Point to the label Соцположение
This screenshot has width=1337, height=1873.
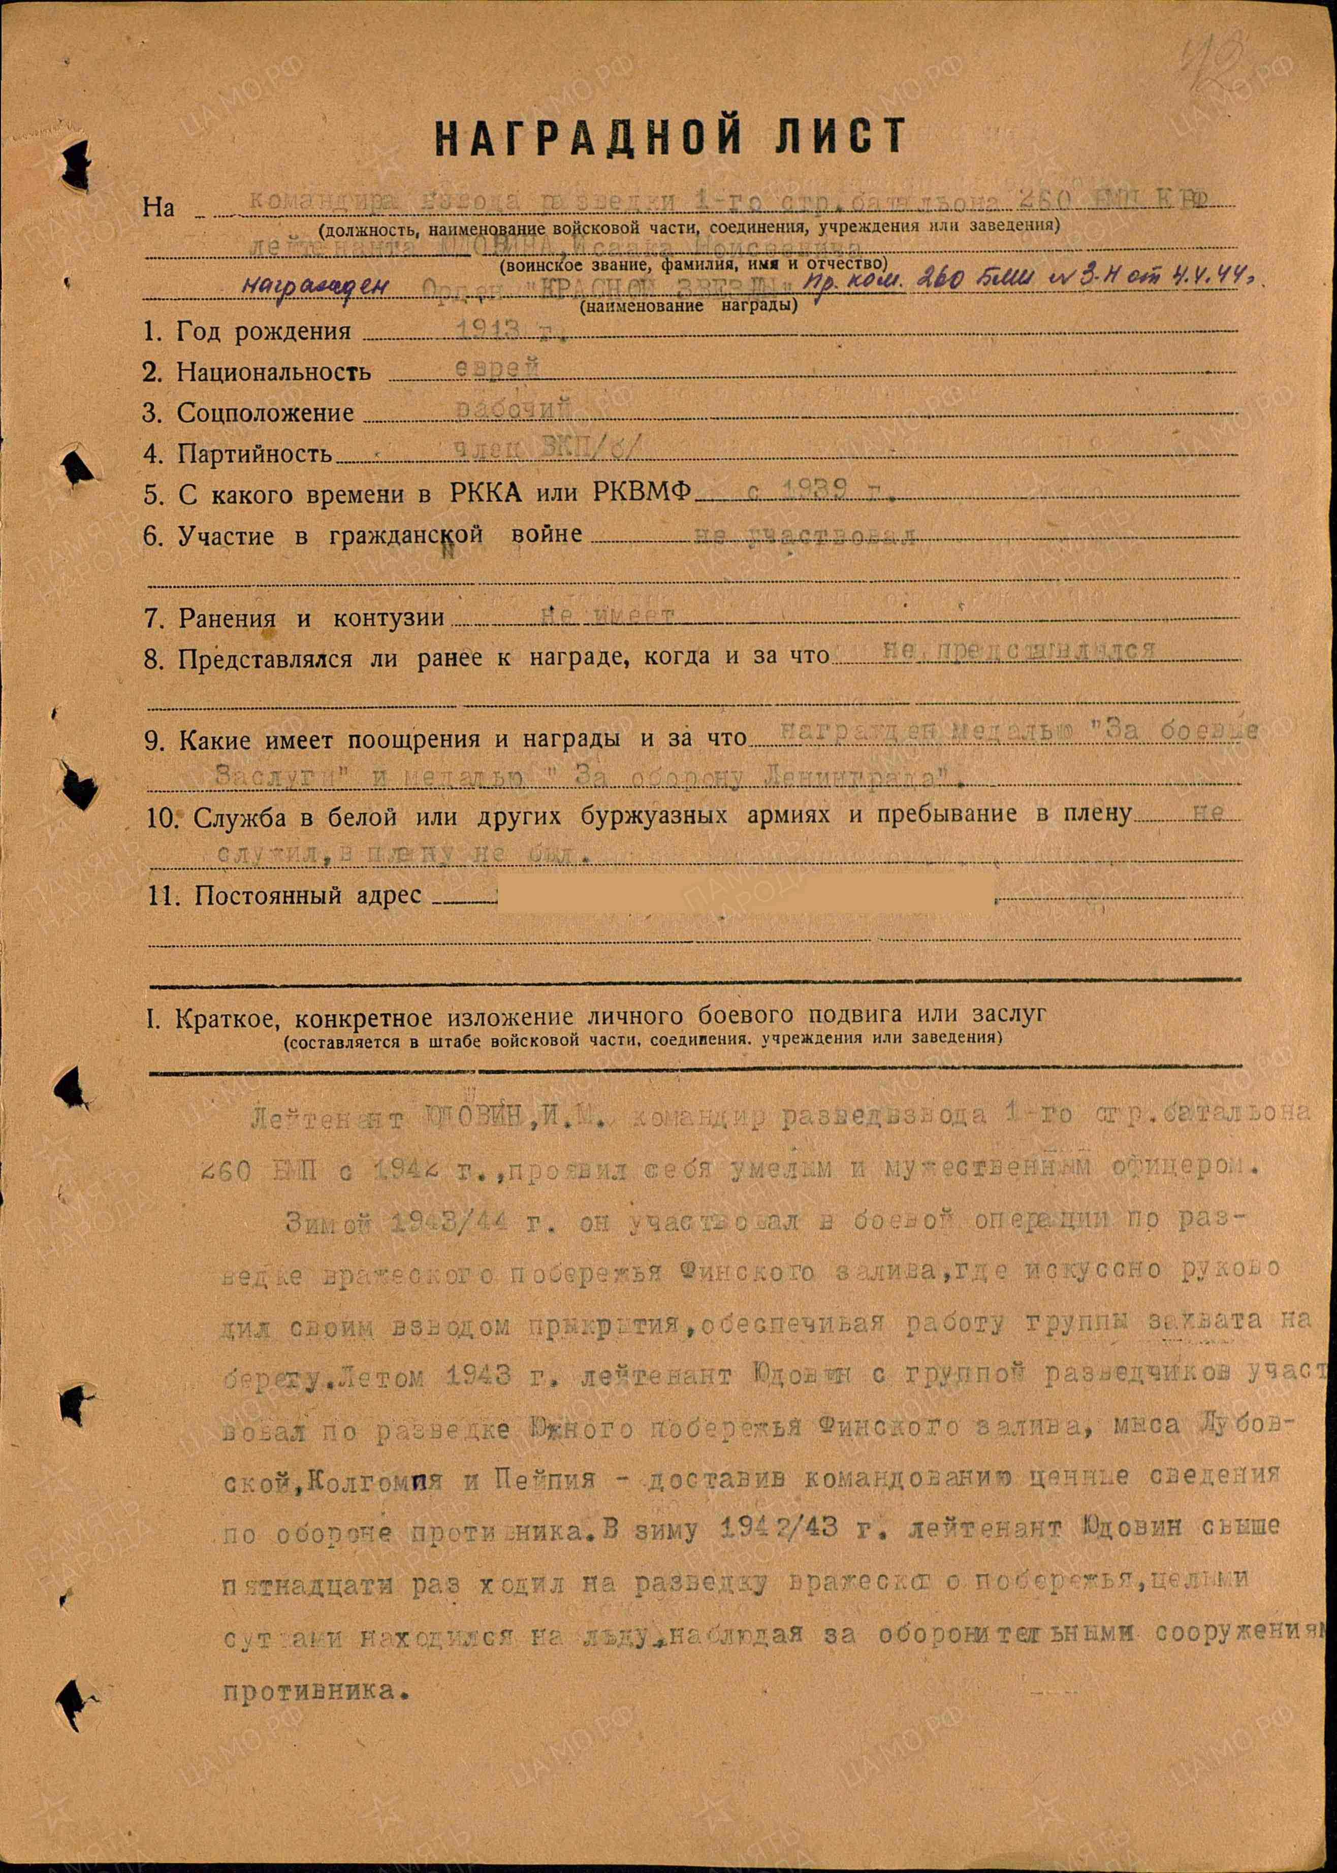(265, 413)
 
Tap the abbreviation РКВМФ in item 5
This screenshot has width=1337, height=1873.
(642, 493)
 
